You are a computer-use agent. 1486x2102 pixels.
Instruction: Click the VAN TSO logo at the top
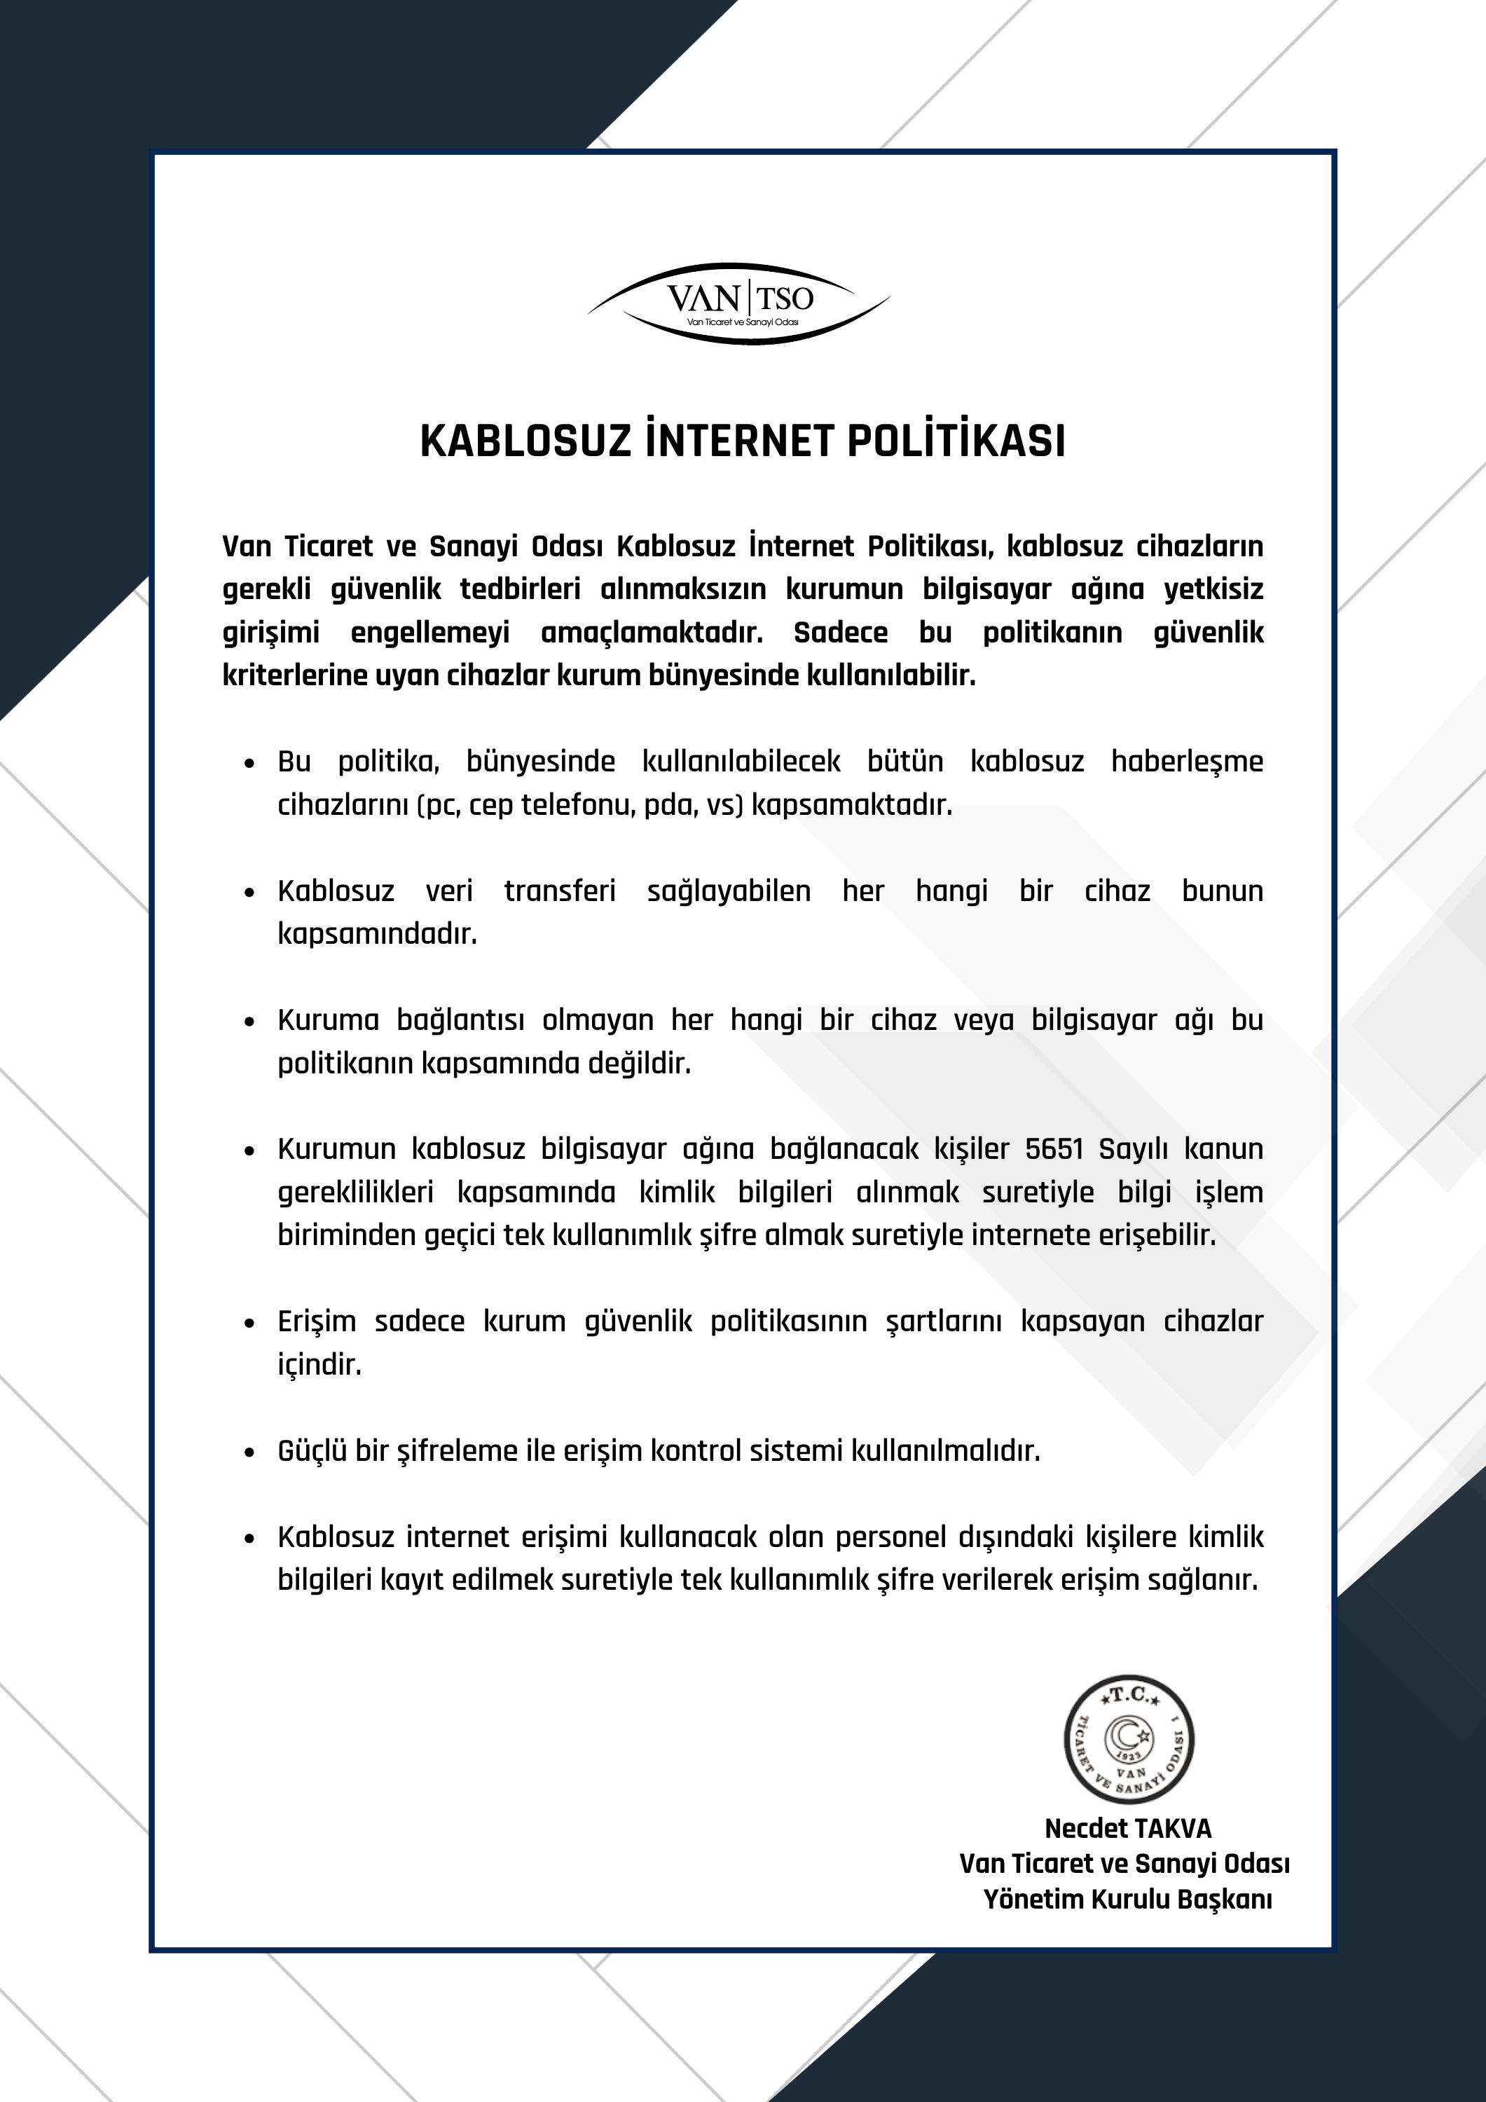[739, 303]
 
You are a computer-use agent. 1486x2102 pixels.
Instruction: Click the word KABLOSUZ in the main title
[525, 441]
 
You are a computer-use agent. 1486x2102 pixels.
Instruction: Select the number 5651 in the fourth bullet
[1054, 1149]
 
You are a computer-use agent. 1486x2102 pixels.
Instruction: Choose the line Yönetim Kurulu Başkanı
[1128, 1900]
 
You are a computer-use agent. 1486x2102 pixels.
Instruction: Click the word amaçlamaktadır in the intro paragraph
[652, 633]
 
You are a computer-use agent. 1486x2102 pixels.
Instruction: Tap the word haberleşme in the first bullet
[1187, 762]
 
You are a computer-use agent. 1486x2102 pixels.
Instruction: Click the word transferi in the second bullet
[559, 891]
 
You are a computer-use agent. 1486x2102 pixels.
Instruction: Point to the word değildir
[639, 1064]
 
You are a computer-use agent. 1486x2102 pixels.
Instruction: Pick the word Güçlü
[311, 1451]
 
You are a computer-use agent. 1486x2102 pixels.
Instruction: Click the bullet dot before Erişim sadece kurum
[249, 1323]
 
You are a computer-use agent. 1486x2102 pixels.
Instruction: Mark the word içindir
[319, 1365]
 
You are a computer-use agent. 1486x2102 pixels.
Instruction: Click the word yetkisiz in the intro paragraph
[1213, 589]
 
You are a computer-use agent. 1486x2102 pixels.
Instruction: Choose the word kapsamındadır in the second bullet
[377, 934]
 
